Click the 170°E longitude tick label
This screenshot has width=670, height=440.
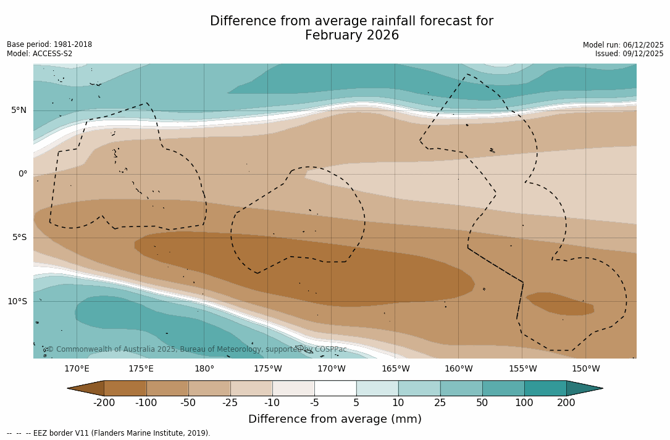(x=77, y=369)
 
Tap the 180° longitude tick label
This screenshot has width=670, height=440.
(x=204, y=369)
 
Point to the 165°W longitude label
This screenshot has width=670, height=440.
(x=395, y=369)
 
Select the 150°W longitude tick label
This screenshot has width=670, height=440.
(x=585, y=369)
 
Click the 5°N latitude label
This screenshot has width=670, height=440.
(x=19, y=110)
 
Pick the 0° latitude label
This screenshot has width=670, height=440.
(x=22, y=174)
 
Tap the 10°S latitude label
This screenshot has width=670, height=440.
(x=17, y=302)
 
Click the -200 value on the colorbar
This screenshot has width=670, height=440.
(x=104, y=403)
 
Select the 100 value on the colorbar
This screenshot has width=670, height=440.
(x=524, y=403)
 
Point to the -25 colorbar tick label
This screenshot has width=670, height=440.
(x=230, y=403)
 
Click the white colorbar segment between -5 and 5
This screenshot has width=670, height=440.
(x=335, y=388)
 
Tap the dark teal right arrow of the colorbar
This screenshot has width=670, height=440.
(x=584, y=388)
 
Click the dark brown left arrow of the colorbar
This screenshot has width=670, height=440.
(x=86, y=388)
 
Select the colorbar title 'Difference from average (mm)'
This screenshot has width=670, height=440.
(x=335, y=420)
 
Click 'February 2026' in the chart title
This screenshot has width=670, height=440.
(x=352, y=36)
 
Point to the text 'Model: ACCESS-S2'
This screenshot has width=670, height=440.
(x=40, y=54)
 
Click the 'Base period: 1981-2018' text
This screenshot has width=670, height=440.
(x=49, y=44)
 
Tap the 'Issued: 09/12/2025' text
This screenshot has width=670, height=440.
(x=629, y=54)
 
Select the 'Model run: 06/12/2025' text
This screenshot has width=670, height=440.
(x=623, y=45)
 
